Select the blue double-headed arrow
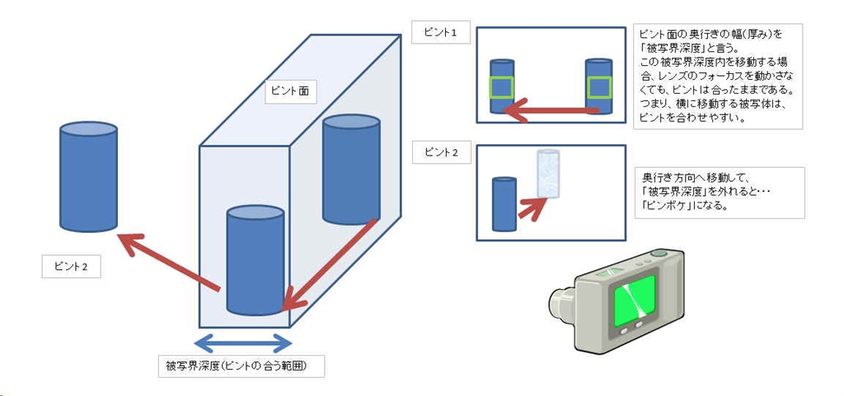pyautogui.click(x=242, y=342)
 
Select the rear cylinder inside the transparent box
pyautogui.click(x=351, y=170)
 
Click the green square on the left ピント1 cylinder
pyautogui.click(x=501, y=88)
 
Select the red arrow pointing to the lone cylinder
pyautogui.click(x=168, y=263)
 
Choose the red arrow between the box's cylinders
pyautogui.click(x=331, y=263)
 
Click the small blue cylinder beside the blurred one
pyautogui.click(x=504, y=203)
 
